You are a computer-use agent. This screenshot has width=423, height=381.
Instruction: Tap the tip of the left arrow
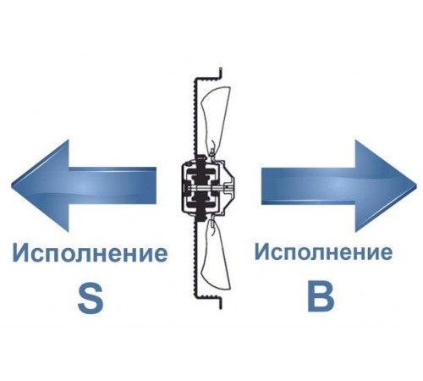[x=11, y=186]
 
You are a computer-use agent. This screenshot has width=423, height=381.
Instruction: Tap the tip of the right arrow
[x=416, y=186]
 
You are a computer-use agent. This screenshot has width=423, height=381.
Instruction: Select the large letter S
[x=91, y=299]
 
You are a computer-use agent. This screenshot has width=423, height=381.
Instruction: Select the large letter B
[x=321, y=296]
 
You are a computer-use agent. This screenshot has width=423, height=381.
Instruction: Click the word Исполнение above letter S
[x=90, y=252]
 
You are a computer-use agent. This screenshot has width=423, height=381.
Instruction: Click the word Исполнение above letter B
[x=323, y=251]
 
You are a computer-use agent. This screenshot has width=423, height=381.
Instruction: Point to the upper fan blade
[x=216, y=119]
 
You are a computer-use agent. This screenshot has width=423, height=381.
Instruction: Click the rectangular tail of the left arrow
[x=113, y=185]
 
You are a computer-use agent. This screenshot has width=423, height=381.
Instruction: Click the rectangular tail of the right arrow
[x=308, y=185]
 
